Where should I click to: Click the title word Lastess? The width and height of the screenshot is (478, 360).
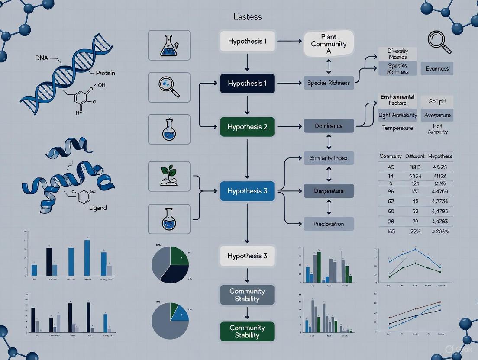247,17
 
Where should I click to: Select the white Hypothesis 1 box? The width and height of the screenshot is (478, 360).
247,42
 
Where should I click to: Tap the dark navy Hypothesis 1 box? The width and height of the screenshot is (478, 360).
247,84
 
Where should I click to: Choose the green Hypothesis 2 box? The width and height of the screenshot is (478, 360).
247,127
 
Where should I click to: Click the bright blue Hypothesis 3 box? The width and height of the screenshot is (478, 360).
247,191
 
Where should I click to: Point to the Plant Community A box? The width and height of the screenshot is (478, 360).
329,44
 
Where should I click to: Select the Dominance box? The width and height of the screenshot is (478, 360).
329,126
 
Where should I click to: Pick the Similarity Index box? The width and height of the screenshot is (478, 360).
329,158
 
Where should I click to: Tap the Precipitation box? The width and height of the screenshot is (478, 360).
329,224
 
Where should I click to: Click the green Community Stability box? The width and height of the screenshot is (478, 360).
247,331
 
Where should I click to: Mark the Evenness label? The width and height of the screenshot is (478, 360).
437,68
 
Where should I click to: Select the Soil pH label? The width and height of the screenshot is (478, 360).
437,102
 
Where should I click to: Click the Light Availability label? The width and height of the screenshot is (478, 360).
397,115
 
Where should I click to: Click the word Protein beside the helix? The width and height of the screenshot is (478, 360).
105,73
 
